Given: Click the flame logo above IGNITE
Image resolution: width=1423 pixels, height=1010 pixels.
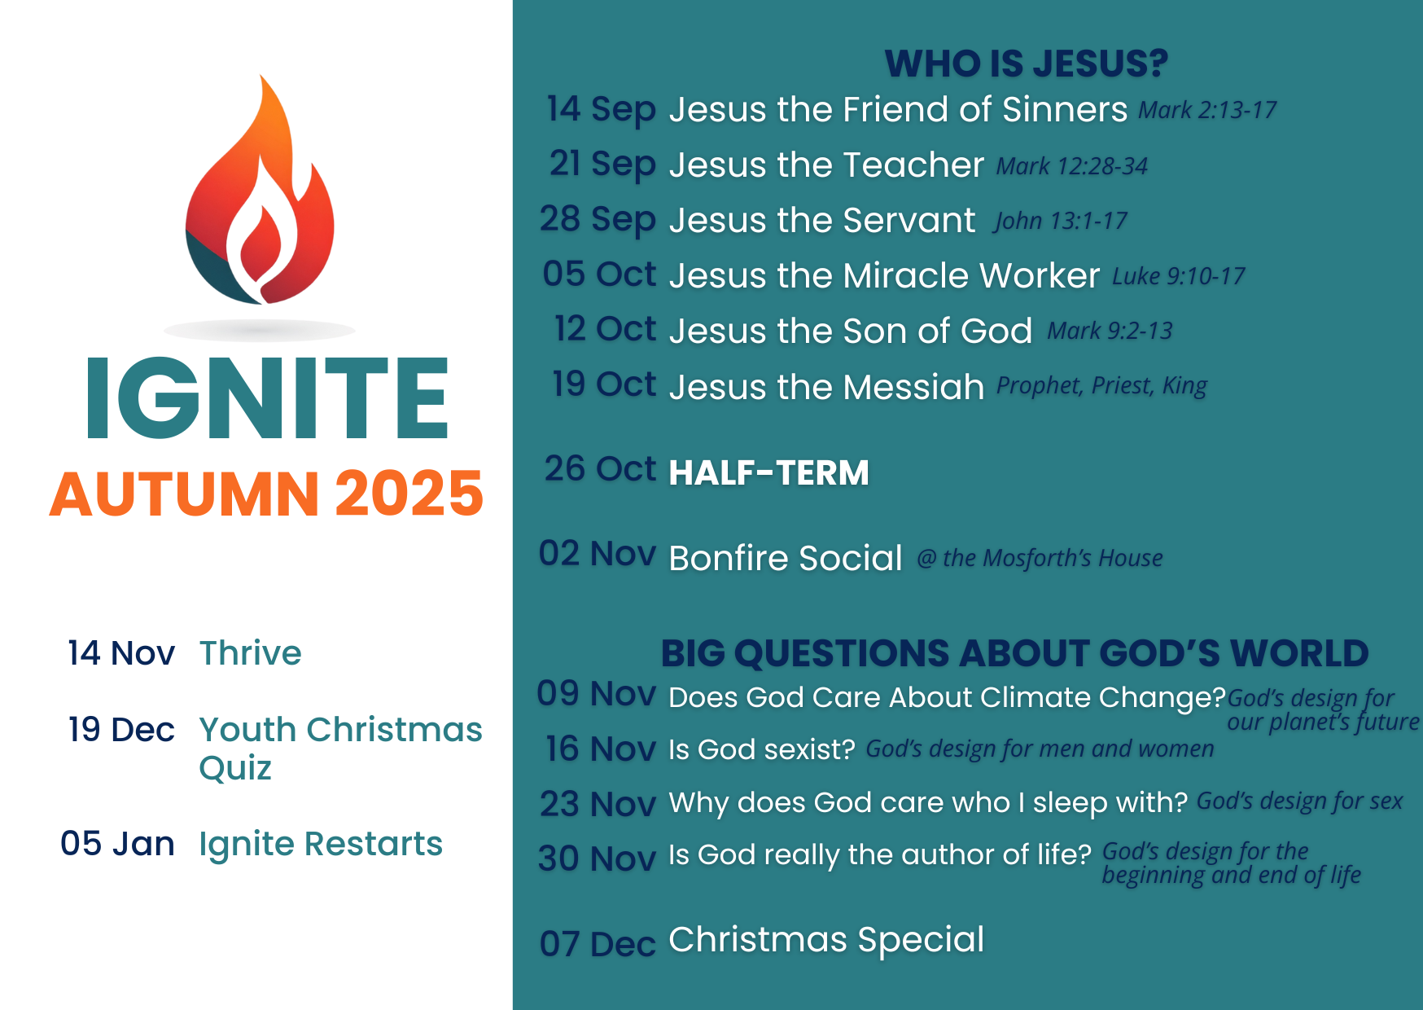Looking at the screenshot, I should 260,195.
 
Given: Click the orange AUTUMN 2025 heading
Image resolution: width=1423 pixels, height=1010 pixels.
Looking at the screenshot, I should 267,494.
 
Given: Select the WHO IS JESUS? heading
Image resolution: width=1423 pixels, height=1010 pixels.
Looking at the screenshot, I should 1026,64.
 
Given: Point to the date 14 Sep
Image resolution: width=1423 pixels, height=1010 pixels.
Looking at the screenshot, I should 601,109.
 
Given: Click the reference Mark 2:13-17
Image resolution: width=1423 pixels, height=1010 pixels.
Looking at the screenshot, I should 1206,110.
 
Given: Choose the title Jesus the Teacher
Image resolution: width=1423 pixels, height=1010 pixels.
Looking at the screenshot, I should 826,165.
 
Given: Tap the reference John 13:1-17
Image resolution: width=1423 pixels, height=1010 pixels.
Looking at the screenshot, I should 1060,221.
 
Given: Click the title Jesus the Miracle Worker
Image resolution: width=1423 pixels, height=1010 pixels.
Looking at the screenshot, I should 884,275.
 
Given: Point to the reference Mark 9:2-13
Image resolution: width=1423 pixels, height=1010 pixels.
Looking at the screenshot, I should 1110,331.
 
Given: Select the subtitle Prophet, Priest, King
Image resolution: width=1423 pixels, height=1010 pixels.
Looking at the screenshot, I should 1101,385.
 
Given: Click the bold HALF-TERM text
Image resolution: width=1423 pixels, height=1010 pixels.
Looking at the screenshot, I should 768,472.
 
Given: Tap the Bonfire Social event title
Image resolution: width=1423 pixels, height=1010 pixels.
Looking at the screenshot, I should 785,558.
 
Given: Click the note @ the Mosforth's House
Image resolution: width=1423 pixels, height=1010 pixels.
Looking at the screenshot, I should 1040,558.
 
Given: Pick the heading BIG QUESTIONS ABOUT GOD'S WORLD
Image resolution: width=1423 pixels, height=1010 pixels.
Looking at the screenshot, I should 1014,653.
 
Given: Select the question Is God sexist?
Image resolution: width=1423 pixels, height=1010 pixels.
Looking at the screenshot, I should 761,749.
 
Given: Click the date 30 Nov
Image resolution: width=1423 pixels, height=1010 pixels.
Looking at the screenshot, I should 597,858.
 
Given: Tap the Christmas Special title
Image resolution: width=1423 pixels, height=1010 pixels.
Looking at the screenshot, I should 826,939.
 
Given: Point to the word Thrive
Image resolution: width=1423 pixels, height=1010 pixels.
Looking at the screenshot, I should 250,653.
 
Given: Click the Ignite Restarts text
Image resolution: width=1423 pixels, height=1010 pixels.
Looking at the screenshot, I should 321,844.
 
